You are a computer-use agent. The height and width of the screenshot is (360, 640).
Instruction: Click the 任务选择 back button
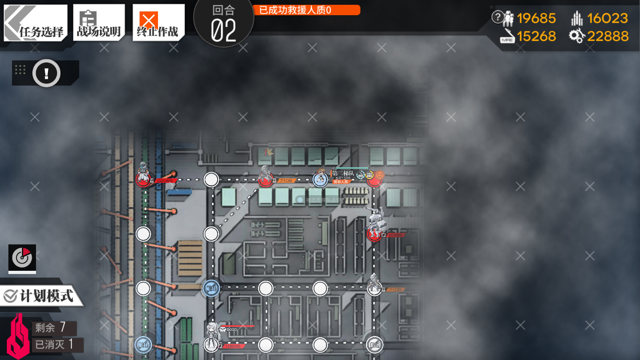(x=35, y=23)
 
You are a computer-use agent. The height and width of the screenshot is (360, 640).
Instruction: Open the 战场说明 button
(x=99, y=23)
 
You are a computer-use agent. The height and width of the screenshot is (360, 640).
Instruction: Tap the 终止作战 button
(x=158, y=23)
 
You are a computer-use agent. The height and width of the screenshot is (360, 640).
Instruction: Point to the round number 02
(x=223, y=30)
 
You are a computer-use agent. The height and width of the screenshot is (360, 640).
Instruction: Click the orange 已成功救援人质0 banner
(x=306, y=10)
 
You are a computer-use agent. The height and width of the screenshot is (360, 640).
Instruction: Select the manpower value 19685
(x=536, y=18)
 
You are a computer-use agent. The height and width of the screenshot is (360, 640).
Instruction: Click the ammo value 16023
(x=607, y=18)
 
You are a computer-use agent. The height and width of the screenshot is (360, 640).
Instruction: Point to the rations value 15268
(x=536, y=36)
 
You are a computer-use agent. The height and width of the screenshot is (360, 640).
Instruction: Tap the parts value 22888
(x=607, y=36)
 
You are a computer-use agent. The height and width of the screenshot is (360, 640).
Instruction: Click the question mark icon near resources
(x=497, y=17)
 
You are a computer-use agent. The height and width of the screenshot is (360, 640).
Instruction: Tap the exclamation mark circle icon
(x=46, y=73)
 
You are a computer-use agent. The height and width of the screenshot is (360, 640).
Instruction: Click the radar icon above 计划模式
(x=22, y=258)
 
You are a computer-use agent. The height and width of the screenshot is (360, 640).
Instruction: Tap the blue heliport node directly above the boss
(x=211, y=288)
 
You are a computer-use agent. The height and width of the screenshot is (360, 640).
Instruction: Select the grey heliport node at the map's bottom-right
(x=374, y=344)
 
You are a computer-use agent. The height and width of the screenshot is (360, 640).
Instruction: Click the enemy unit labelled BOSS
(x=212, y=336)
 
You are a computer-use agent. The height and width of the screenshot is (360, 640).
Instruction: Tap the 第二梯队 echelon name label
(x=343, y=173)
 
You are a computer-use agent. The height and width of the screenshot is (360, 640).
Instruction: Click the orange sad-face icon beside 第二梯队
(x=380, y=175)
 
